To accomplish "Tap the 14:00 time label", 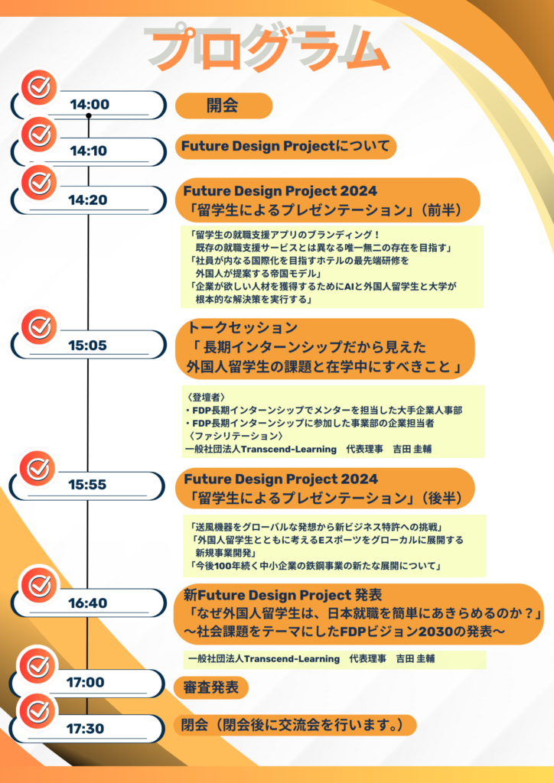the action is [x=90, y=104].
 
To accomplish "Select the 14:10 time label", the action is [x=89, y=151].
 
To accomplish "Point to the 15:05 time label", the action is [x=88, y=345].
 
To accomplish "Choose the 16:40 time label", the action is [x=88, y=603].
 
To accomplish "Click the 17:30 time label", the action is [x=86, y=729].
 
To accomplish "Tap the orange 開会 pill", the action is [x=223, y=106].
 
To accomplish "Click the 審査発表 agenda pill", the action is [x=210, y=687].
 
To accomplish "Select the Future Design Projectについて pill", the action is [x=285, y=147].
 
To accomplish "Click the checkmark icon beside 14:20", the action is [x=39, y=184].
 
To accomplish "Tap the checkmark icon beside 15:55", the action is [x=38, y=469].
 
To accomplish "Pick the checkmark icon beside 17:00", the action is [x=37, y=666].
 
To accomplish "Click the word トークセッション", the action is [x=243, y=327].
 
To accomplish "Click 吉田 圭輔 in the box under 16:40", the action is [x=415, y=659].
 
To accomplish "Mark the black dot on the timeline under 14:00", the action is [x=89, y=116].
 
